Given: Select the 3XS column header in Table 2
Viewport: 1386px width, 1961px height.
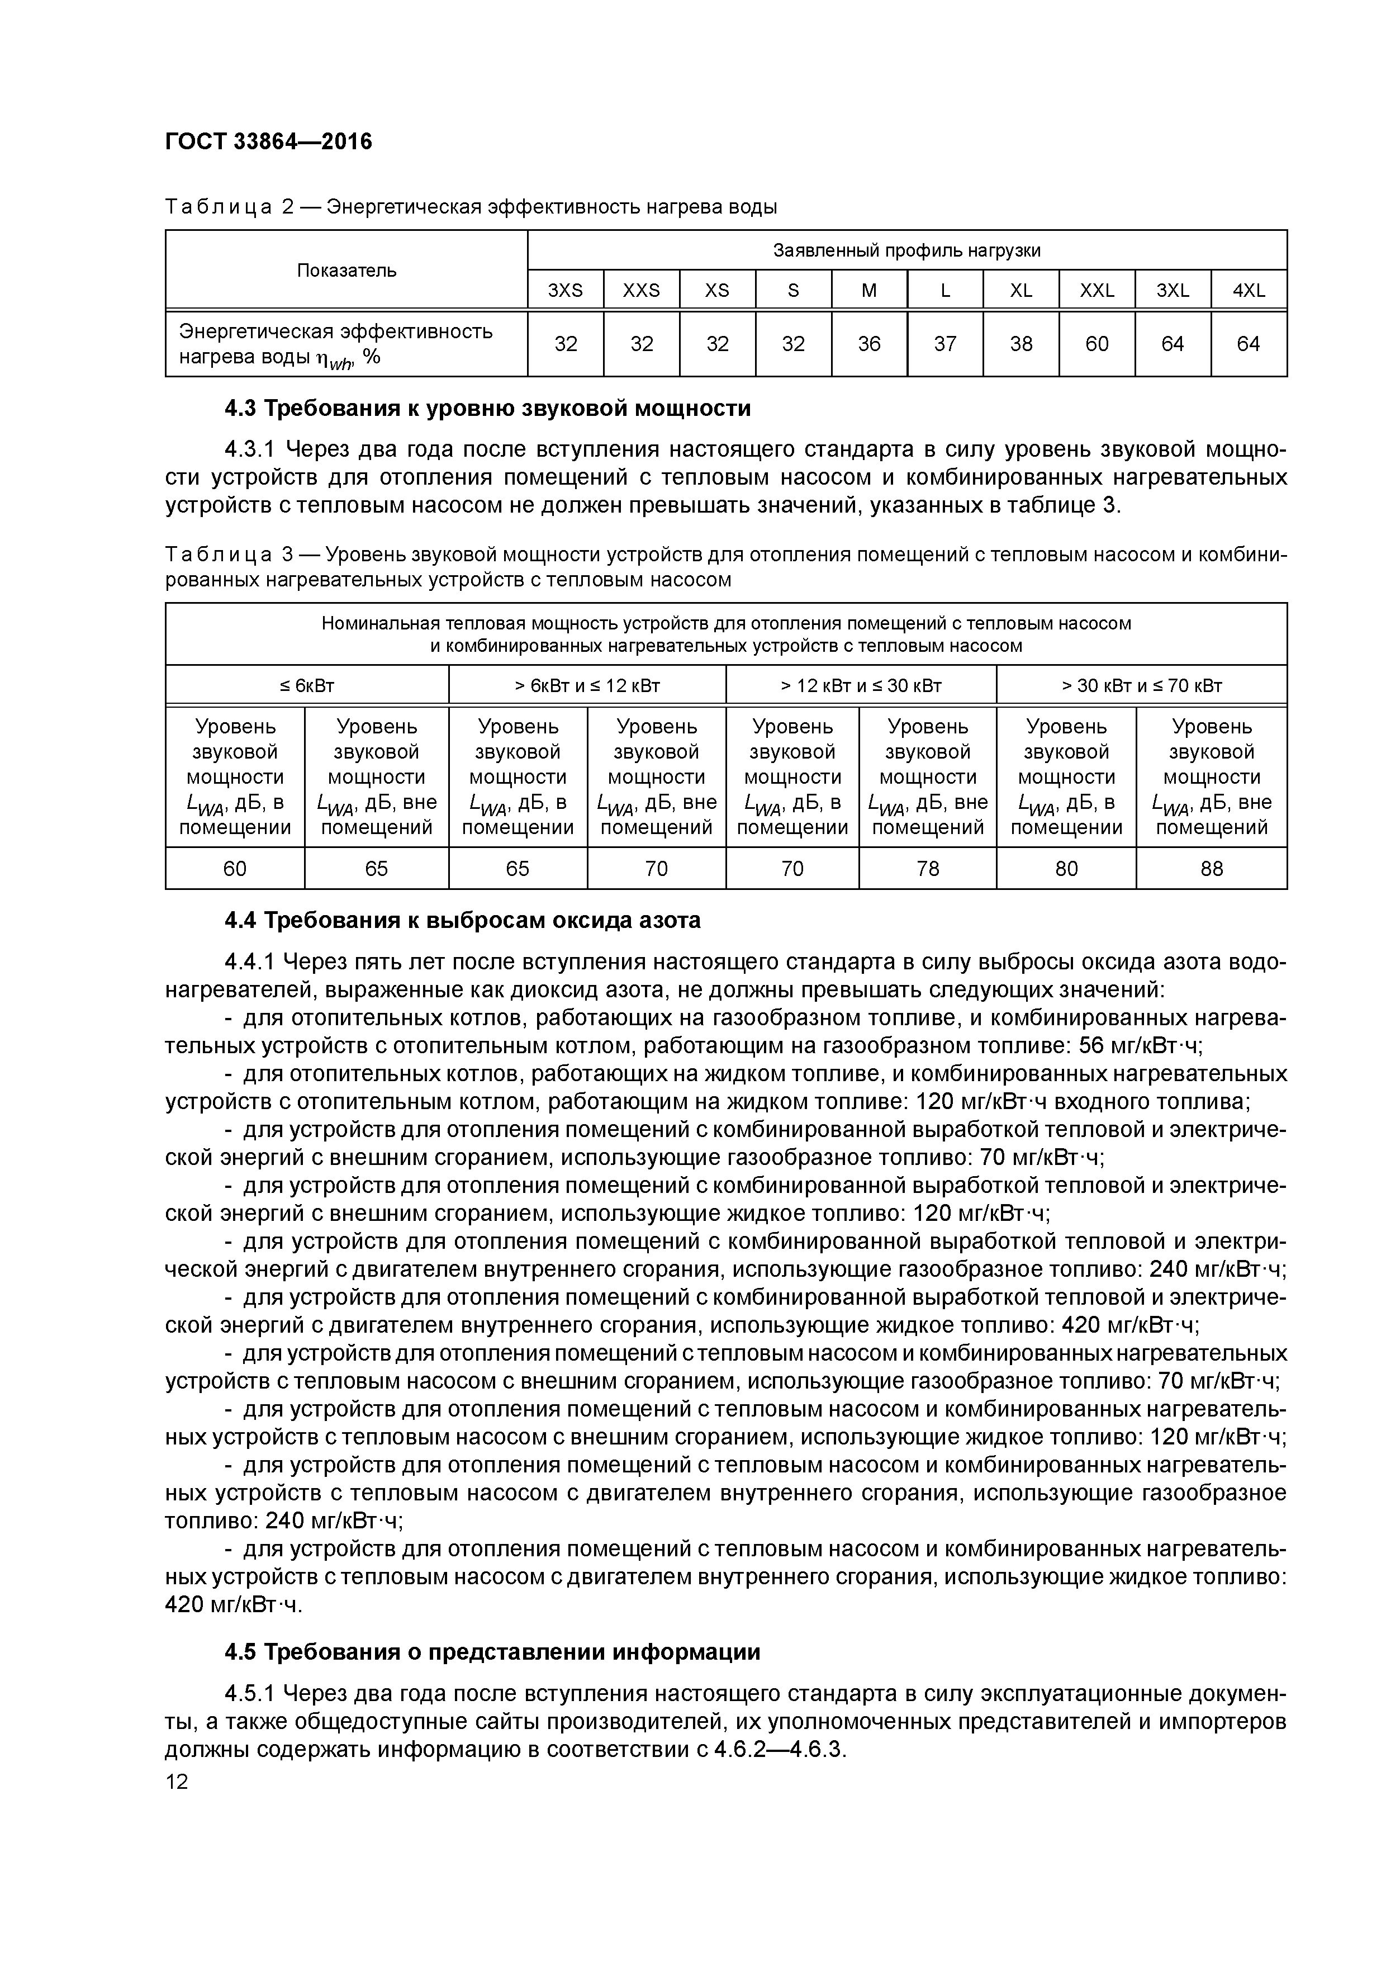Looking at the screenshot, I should point(566,290).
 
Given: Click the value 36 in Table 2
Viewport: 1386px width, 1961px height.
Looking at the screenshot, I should point(870,343).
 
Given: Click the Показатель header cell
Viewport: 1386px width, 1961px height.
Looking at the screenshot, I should point(346,271).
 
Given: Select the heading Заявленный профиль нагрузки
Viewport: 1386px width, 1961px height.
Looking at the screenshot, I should point(907,250).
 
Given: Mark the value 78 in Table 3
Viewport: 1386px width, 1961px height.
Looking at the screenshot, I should point(927,869).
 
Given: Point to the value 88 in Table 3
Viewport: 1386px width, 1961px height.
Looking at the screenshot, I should point(1211,869).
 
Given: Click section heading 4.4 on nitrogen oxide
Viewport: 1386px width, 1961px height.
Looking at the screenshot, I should point(462,921).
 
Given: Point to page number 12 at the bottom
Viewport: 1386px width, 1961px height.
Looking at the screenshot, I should point(177,1782).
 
